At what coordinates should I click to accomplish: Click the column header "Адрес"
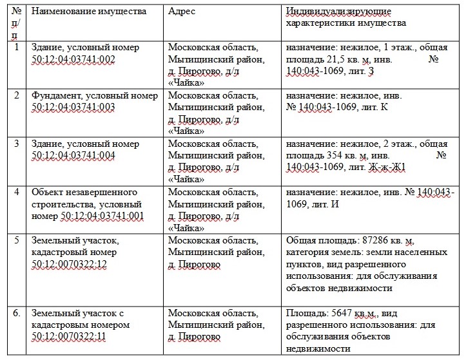(x=182, y=12)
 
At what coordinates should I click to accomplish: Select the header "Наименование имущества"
(x=88, y=12)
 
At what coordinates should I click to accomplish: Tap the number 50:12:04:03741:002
(x=73, y=59)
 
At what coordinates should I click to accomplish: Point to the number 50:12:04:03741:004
(x=73, y=155)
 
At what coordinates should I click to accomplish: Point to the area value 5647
(x=340, y=313)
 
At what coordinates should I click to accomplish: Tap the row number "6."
(x=18, y=313)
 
